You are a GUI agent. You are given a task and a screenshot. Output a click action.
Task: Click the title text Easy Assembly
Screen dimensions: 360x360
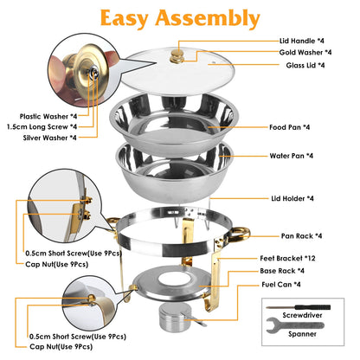point(180,17)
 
